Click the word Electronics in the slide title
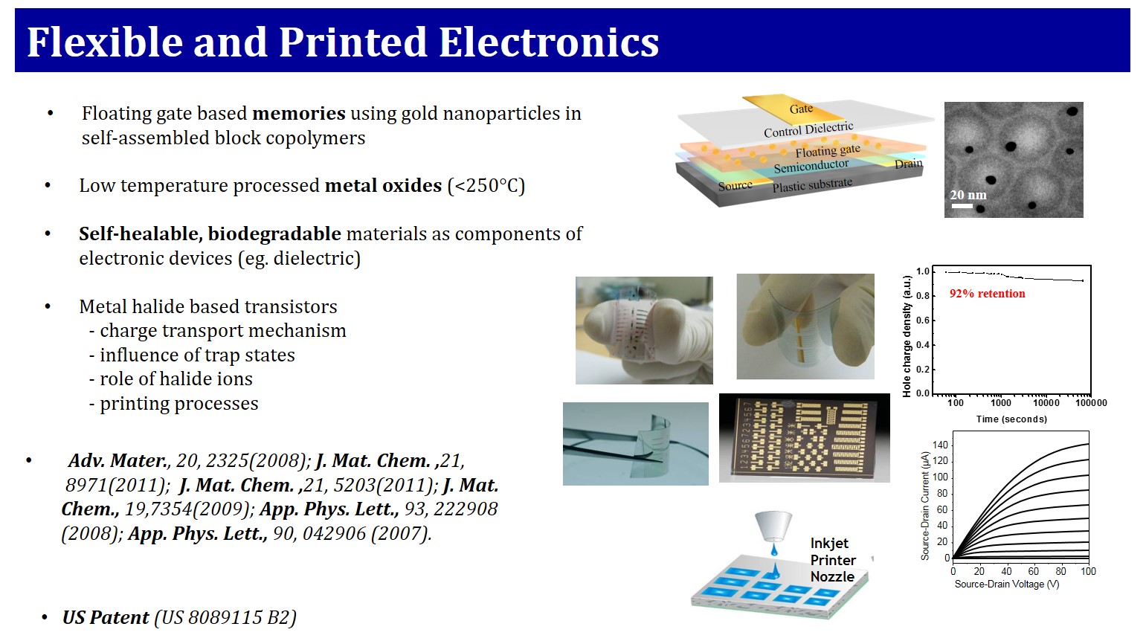[548, 42]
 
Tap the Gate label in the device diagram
[801, 109]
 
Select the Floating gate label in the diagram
[828, 150]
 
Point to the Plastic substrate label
[812, 184]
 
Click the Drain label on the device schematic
[908, 164]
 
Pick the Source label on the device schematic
[735, 186]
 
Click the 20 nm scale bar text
[968, 195]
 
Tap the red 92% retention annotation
[988, 294]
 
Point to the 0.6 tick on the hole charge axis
[923, 320]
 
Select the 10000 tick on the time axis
[1046, 403]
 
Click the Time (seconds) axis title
[1011, 419]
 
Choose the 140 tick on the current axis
[940, 445]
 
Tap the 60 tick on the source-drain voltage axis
[1034, 571]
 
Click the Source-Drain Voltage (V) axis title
[1007, 584]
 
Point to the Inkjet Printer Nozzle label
[833, 560]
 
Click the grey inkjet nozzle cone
[774, 526]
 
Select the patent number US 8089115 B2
[225, 617]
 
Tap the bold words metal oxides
[383, 185]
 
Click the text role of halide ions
[176, 379]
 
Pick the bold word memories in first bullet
[299, 113]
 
